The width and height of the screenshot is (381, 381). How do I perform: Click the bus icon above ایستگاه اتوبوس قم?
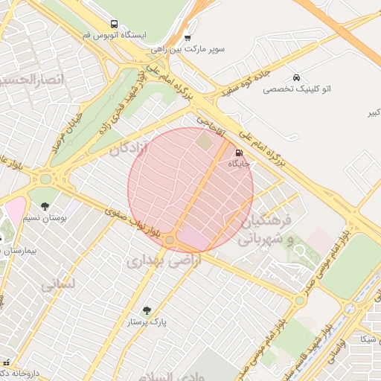[x=113, y=24]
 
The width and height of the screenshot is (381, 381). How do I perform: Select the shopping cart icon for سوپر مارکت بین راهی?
[x=188, y=37]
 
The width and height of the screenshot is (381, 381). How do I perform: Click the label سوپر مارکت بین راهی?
[x=188, y=48]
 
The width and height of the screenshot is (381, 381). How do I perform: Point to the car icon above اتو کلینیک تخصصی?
[x=297, y=77]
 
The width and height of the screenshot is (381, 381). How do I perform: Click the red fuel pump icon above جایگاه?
[x=238, y=153]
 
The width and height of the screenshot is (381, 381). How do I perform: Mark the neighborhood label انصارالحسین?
[x=30, y=79]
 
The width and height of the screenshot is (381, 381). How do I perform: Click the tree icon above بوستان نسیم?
[x=45, y=206]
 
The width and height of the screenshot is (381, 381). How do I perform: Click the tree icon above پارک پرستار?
[x=146, y=310]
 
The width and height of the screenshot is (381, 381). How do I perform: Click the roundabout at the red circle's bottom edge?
[x=170, y=240]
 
